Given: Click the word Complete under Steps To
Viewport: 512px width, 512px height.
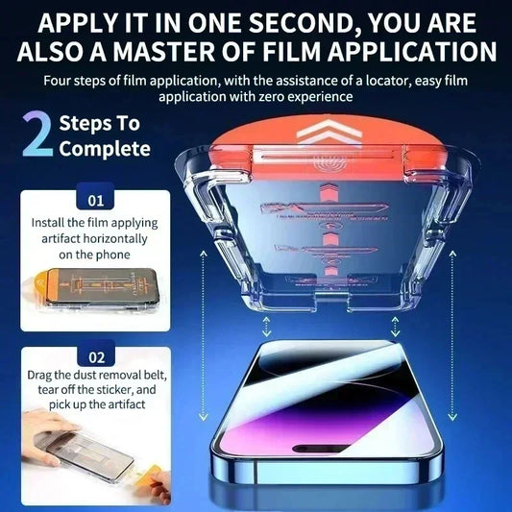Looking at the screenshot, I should pyautogui.click(x=105, y=149).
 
